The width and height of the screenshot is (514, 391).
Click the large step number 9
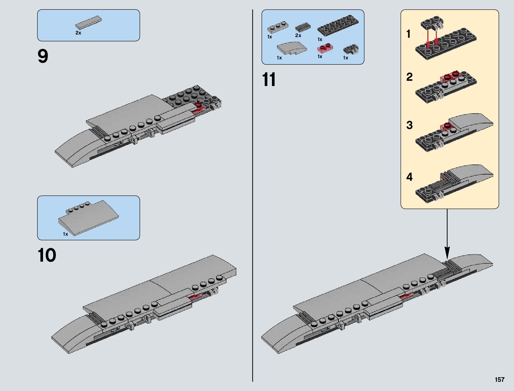[43, 56]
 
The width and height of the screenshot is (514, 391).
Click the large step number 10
[47, 255]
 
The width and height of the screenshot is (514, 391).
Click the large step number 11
[269, 80]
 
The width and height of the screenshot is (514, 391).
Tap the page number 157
[499, 380]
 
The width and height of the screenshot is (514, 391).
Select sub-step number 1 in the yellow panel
[408, 34]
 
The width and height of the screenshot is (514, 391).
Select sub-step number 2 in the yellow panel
[409, 77]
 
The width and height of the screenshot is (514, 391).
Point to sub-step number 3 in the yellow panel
[409, 125]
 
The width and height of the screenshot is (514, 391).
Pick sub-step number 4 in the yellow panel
[409, 177]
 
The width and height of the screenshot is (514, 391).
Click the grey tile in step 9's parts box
[88, 22]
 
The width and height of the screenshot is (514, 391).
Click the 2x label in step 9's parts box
[78, 33]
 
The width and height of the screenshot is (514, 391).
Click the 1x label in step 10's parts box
[65, 234]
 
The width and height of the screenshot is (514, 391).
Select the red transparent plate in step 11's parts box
[324, 48]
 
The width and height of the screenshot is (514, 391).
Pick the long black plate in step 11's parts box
[338, 25]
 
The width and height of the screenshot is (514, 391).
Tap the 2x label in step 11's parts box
[298, 35]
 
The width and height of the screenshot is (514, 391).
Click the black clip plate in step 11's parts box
[351, 49]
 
